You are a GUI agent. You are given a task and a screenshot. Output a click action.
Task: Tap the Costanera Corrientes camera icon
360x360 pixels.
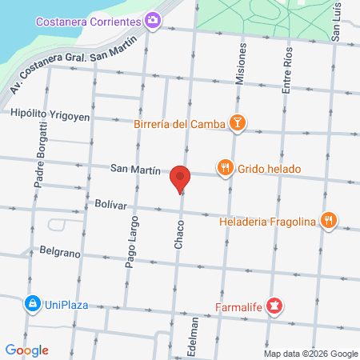(153, 19)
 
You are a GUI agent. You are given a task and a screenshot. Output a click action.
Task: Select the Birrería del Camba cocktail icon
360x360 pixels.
(237, 122)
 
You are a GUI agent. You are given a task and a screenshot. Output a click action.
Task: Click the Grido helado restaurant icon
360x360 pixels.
(226, 169)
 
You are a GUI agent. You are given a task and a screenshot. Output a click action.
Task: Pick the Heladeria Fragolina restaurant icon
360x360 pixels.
(328, 220)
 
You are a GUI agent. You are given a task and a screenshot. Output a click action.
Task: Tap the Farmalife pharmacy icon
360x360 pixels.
(274, 305)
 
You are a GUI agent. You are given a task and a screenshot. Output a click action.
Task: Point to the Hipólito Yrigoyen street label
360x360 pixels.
(50, 115)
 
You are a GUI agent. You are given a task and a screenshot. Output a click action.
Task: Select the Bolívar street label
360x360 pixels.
(110, 205)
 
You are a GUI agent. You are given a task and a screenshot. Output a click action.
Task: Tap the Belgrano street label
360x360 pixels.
(60, 252)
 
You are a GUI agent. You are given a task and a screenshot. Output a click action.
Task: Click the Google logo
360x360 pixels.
(27, 350)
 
